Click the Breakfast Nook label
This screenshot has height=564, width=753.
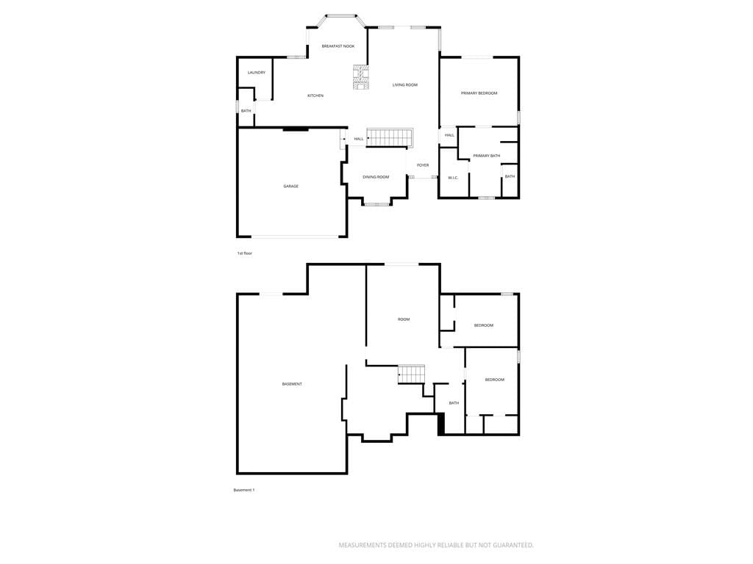tap(338, 46)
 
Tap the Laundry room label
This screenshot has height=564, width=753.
tap(257, 73)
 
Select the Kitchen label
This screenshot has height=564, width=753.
tap(315, 95)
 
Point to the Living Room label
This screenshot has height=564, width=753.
tap(405, 85)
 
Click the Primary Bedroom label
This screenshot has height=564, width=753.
tap(479, 93)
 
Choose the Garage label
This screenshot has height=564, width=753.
tap(291, 186)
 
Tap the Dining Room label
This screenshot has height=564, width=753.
tap(376, 177)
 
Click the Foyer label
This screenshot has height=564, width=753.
tap(423, 165)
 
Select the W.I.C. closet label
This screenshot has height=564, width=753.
tap(453, 178)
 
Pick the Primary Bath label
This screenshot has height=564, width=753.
tap(487, 156)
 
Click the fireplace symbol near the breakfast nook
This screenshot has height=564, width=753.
tap(360, 77)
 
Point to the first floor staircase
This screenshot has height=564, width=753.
tap(390, 137)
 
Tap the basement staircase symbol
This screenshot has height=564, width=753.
tap(412, 374)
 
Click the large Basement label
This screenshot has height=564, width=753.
tap(292, 384)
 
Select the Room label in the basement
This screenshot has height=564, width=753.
tap(404, 319)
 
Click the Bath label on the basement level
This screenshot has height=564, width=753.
tap(454, 403)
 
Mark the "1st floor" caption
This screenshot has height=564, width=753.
tap(244, 253)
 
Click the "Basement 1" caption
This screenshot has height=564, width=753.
tap(244, 490)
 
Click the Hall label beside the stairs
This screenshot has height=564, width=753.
tap(359, 139)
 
